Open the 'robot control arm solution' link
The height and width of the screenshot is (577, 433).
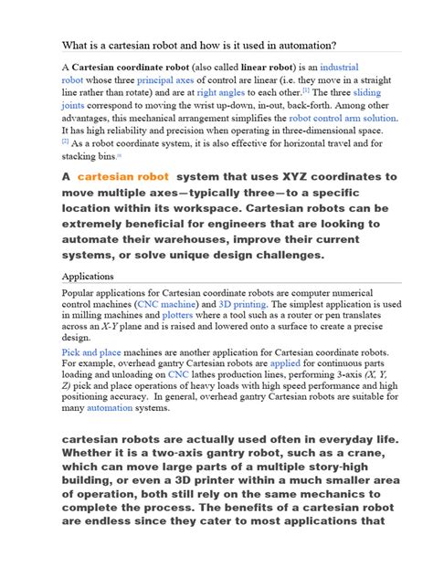pyautogui.click(x=343, y=118)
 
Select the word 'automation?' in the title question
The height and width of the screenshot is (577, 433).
pyautogui.click(x=301, y=45)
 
